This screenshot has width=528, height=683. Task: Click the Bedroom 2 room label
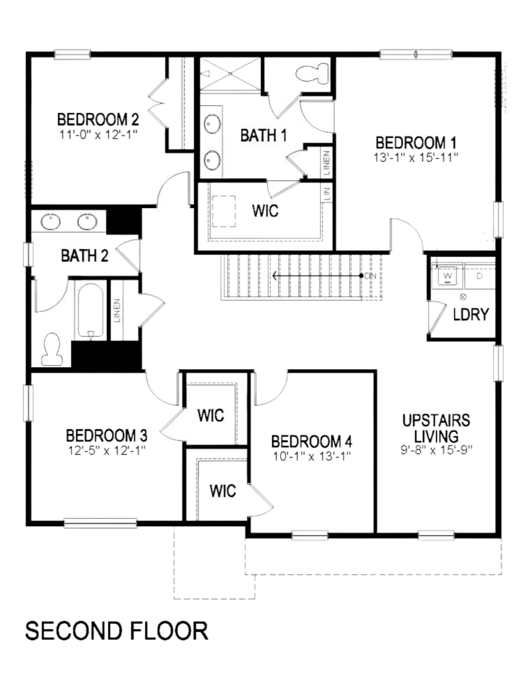coord(98,120)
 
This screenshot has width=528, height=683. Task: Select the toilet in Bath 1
coord(309,73)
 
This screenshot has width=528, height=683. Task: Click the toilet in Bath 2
coord(52,350)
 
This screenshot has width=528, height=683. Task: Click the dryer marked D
coord(479,276)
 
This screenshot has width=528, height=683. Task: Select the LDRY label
coord(471,314)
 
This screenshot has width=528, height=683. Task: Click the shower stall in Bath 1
coord(230,73)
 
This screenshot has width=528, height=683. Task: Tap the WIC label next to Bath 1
coord(266,211)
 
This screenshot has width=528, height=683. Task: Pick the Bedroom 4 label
coord(311,442)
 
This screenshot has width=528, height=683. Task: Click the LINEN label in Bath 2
coord(117,311)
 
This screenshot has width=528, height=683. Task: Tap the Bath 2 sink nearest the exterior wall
coord(51,222)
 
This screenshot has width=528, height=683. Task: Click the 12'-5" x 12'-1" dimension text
coord(107,451)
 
